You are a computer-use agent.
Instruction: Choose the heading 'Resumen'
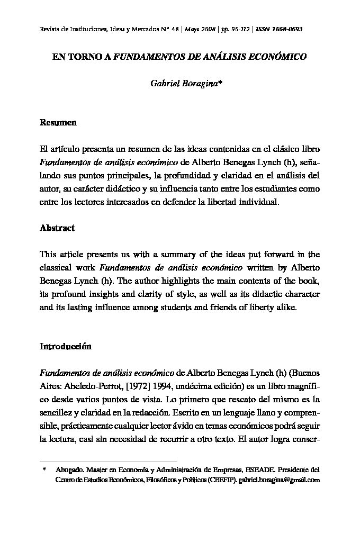pyautogui.click(x=58, y=123)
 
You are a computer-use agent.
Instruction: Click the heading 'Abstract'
pyautogui.click(x=57, y=228)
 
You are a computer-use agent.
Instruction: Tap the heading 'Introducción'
pyautogui.click(x=66, y=347)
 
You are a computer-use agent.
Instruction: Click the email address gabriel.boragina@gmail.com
pyautogui.click(x=279, y=480)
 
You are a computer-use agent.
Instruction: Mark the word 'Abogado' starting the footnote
pyautogui.click(x=69, y=469)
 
